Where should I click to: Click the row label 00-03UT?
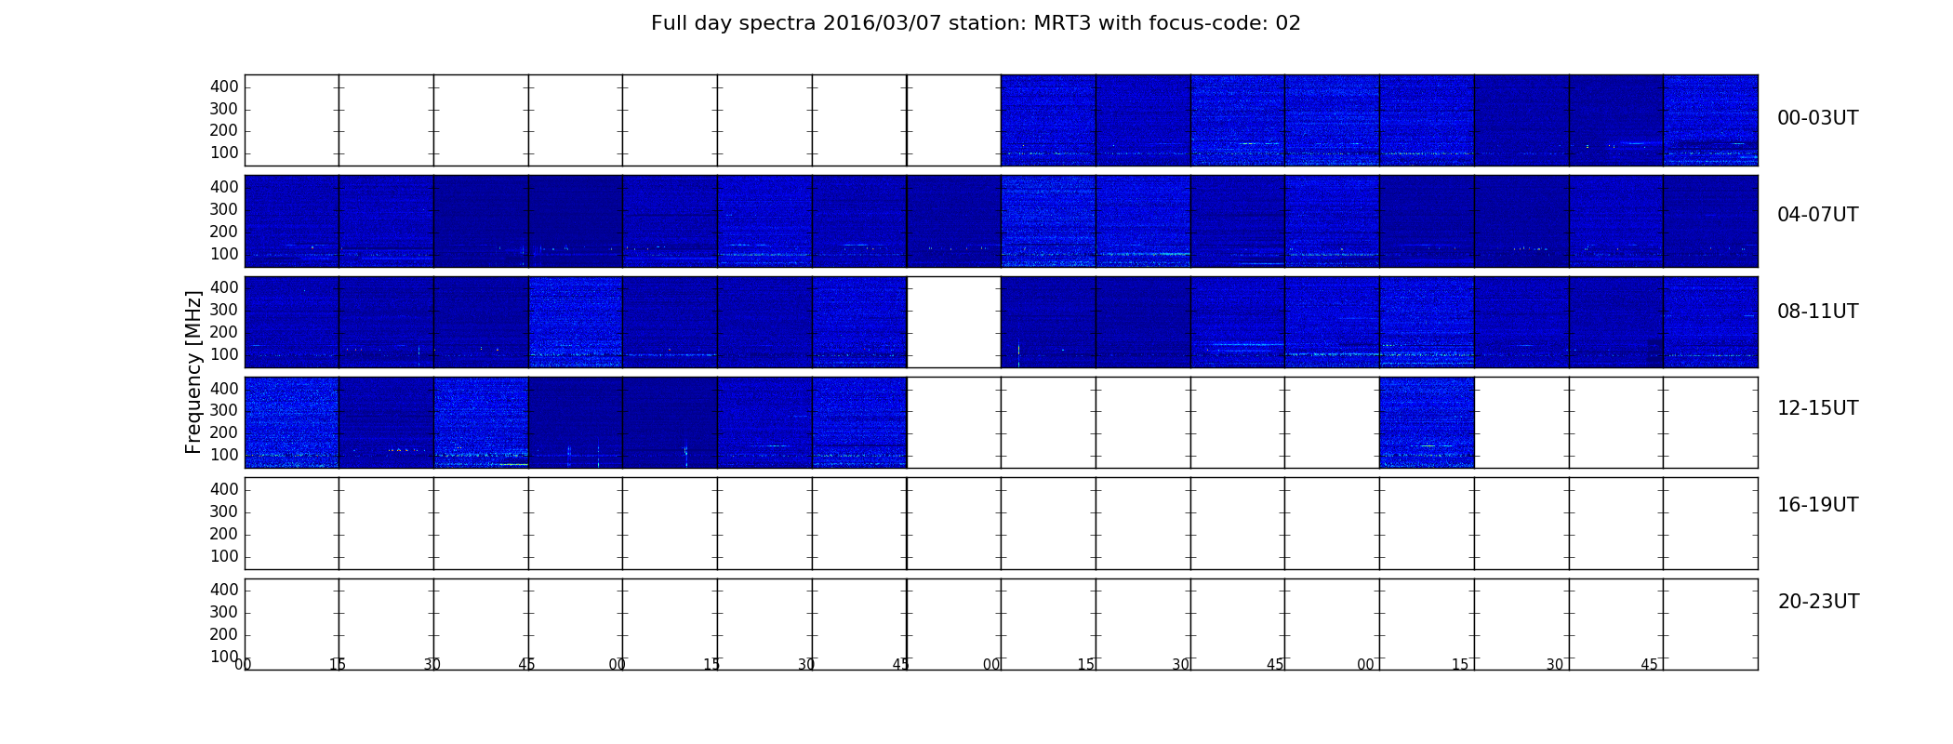(x=1817, y=118)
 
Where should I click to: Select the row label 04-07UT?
(x=1817, y=215)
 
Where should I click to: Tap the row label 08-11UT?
(x=1817, y=312)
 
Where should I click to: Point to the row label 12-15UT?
(x=1817, y=408)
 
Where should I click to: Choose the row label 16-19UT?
(x=1817, y=505)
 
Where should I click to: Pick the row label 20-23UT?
(x=1818, y=602)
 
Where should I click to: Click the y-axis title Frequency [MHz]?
(x=193, y=372)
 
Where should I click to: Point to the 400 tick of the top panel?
(x=224, y=86)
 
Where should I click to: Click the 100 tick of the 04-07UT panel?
(x=224, y=254)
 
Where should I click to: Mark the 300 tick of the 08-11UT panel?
(x=224, y=310)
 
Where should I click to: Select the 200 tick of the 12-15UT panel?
(x=224, y=432)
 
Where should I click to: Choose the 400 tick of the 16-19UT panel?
(x=224, y=489)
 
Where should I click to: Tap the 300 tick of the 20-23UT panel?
(x=224, y=612)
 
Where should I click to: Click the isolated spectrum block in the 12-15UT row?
(x=1427, y=422)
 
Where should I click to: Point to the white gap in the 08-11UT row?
(x=954, y=322)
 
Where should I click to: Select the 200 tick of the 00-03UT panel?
(x=224, y=130)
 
